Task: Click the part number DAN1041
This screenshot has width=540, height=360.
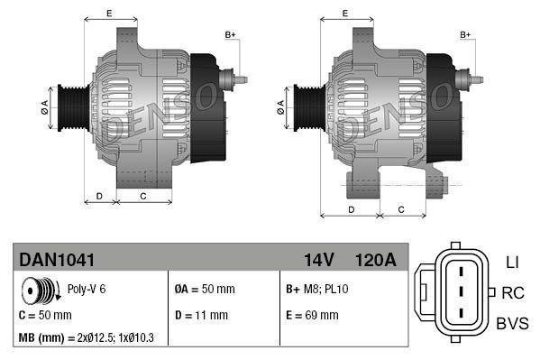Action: point(57,260)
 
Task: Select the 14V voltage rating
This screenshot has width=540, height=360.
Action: point(318,260)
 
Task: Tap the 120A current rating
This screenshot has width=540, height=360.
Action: point(376,260)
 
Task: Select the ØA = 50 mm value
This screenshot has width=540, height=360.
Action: point(204,290)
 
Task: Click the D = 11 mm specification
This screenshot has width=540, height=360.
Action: point(201,315)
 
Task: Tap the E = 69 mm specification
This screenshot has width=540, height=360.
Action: point(312,315)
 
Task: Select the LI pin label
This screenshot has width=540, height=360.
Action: point(511,263)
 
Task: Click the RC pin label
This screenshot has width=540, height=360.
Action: point(513,292)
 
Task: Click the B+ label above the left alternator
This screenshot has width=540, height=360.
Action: point(230,34)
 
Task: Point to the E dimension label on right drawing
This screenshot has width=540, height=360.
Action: point(346,13)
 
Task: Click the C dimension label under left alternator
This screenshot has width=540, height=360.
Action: point(143,195)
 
